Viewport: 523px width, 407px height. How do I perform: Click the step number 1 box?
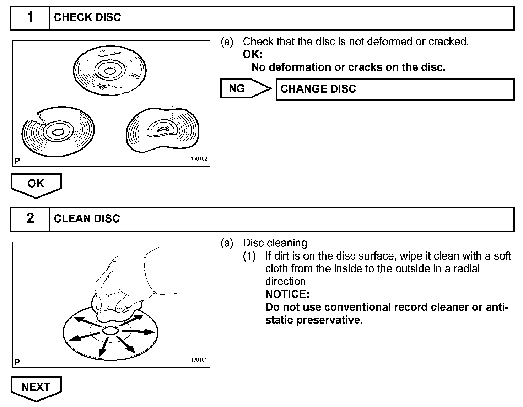30,17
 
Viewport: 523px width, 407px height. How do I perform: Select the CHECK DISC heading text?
87,17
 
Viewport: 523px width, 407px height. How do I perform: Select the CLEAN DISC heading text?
87,218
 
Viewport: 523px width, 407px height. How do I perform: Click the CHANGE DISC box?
394,89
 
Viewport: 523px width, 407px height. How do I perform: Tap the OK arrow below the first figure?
36,184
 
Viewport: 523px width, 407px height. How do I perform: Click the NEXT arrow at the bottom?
36,387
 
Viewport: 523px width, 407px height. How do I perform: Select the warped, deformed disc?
163,130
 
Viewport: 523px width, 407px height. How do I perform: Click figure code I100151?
198,360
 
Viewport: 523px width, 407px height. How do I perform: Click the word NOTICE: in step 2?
287,294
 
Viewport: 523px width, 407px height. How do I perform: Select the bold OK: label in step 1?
253,54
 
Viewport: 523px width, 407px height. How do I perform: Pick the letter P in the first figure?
17,161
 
